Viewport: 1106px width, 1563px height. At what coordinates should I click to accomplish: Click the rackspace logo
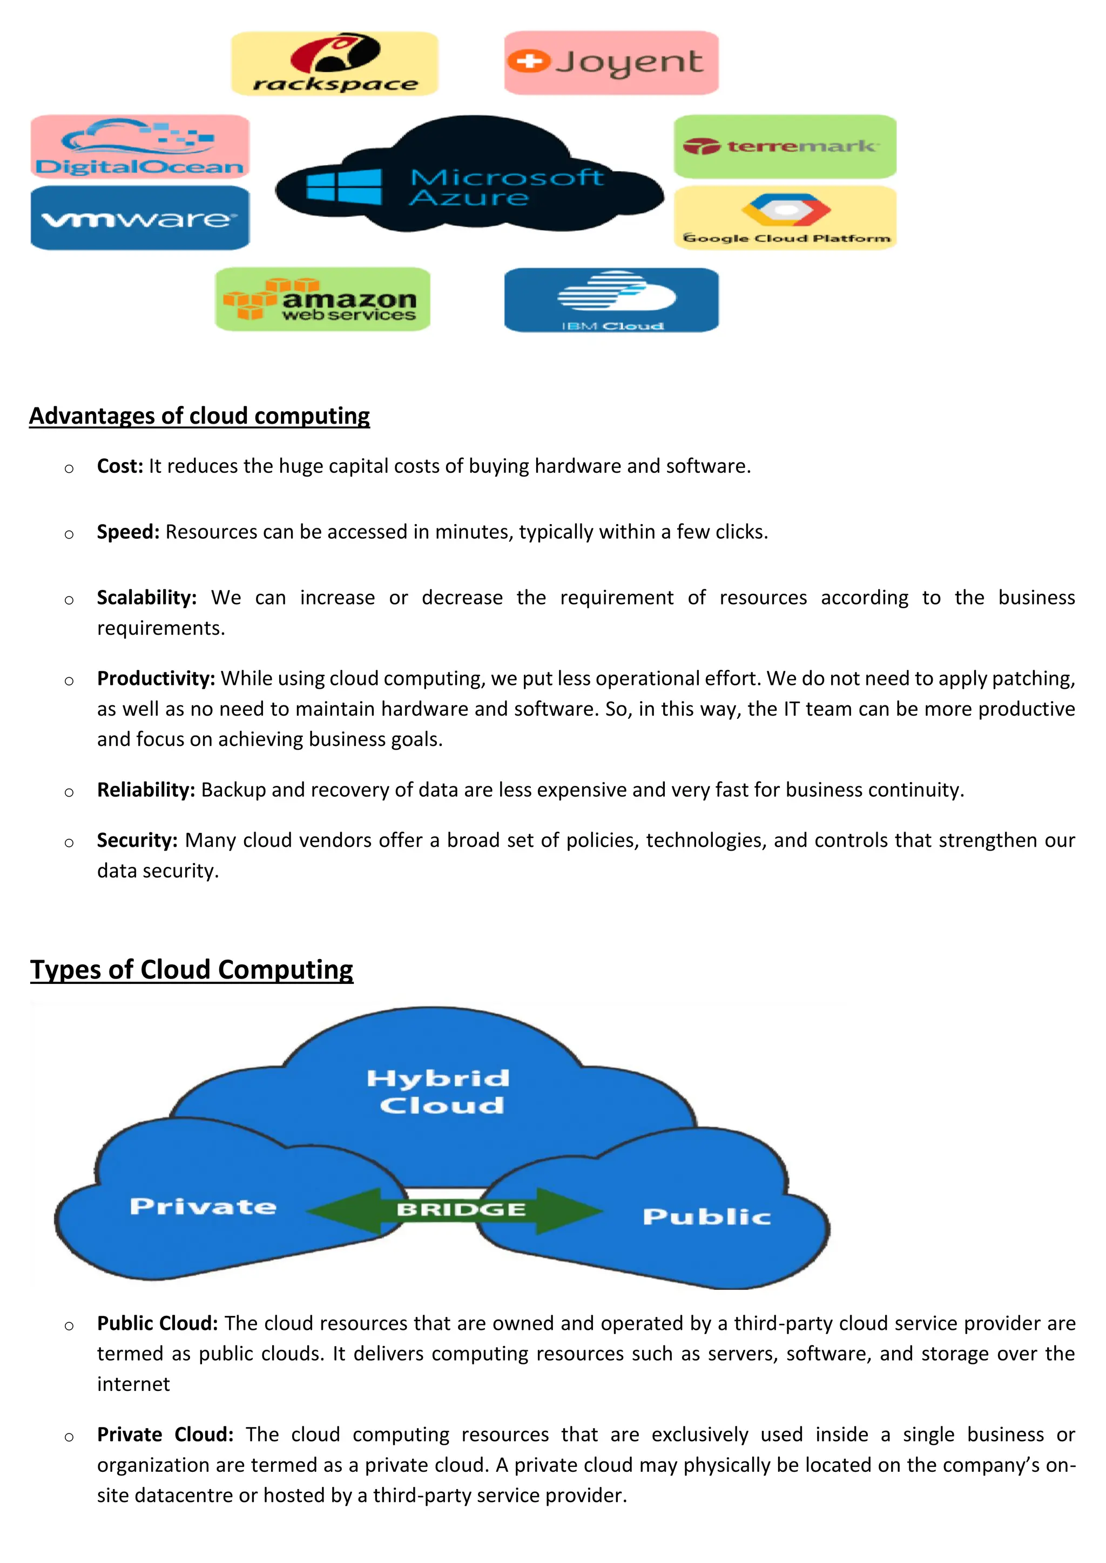coord(334,63)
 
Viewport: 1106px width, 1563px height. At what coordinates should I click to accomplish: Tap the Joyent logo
coord(611,63)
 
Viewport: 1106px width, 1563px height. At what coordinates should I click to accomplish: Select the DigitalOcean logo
coord(140,146)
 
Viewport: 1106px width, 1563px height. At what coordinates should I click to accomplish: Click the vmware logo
coord(140,218)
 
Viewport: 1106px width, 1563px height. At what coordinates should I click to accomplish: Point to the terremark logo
coord(785,146)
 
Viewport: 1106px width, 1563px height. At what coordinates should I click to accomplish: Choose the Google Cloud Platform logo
coord(785,218)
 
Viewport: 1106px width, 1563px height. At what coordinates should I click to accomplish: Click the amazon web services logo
coord(322,300)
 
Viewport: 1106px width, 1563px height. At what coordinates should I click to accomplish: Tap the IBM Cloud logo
coord(611,300)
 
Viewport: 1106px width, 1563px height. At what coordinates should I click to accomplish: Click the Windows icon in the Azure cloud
coord(344,187)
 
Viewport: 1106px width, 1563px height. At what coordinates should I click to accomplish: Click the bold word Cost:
coord(120,466)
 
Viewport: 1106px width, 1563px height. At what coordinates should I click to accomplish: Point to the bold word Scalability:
coord(146,597)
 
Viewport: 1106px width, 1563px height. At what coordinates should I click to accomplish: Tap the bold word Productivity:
coord(156,679)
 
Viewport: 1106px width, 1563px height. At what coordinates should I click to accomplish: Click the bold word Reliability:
coord(146,790)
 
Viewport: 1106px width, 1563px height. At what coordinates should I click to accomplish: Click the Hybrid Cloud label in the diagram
coord(439,1091)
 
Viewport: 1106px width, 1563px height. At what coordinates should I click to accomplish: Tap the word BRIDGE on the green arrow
coord(461,1209)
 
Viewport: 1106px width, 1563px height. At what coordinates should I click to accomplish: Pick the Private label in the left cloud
coord(203,1207)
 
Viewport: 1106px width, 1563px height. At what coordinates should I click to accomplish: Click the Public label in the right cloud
coord(706,1217)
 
